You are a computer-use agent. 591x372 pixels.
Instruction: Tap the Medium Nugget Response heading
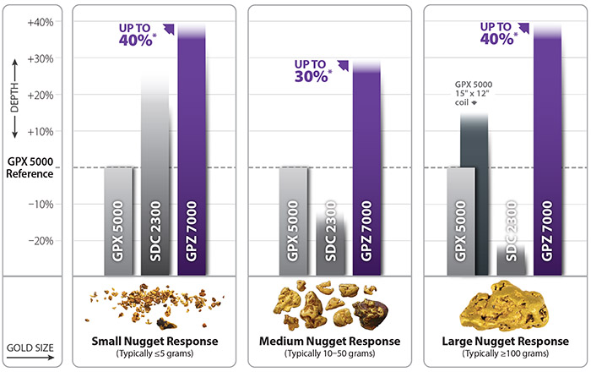click(328, 342)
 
